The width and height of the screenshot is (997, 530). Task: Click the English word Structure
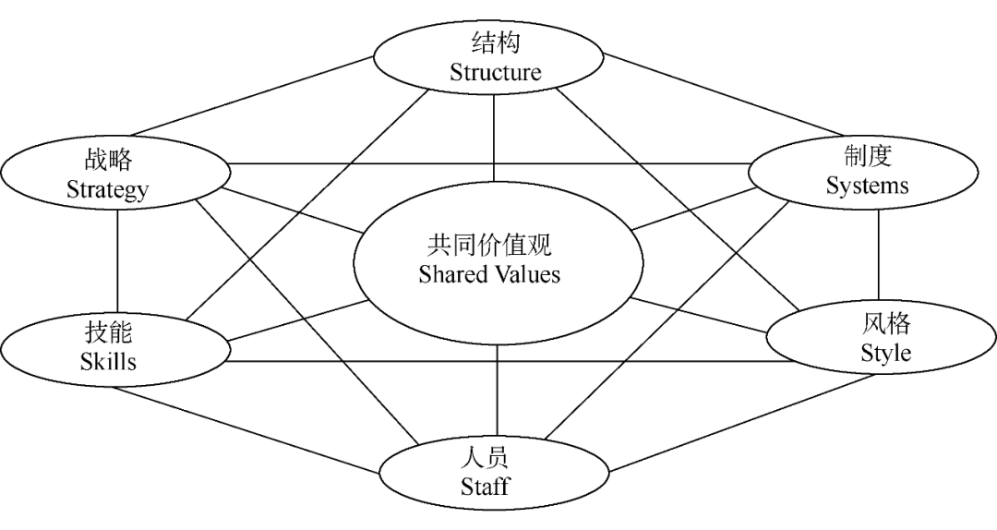(x=495, y=73)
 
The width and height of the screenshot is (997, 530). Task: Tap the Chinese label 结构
(x=495, y=43)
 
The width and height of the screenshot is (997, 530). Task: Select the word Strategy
(x=107, y=190)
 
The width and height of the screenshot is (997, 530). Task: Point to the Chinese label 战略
(x=108, y=160)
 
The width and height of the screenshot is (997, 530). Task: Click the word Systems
(x=867, y=185)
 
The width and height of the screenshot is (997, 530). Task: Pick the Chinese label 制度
(x=867, y=155)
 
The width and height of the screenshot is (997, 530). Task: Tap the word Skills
(x=108, y=361)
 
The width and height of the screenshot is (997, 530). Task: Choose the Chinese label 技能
(x=108, y=331)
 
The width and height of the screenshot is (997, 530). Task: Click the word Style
(x=885, y=353)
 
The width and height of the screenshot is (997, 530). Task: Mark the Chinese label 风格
(x=886, y=323)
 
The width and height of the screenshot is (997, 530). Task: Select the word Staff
(x=485, y=487)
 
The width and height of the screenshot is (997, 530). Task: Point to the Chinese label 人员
(x=486, y=457)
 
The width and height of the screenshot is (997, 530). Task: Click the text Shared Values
(x=489, y=274)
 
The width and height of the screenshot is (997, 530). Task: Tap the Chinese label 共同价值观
(x=489, y=245)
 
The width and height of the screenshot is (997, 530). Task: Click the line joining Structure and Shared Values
(x=495, y=139)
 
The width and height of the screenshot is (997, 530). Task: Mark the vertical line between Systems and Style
(x=878, y=259)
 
